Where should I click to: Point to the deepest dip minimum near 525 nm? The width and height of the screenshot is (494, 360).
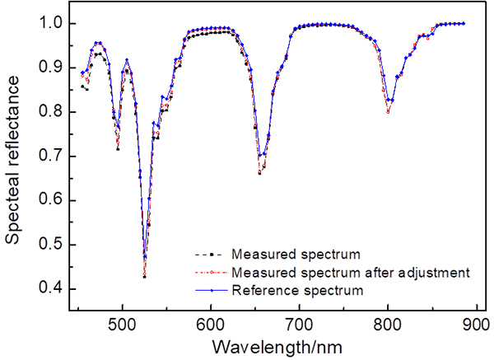pos(145,276)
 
